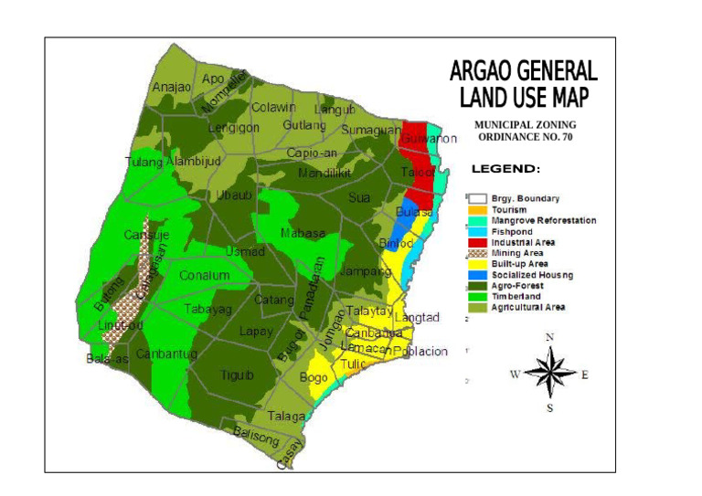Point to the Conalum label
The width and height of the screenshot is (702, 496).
205,275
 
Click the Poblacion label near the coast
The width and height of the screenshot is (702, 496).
420,351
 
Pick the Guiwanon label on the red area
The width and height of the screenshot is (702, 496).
429,139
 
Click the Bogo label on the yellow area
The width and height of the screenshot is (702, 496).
314,377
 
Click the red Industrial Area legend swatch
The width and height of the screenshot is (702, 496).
476,242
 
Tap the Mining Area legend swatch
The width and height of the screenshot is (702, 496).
476,253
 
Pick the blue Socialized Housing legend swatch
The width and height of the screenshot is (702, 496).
476,275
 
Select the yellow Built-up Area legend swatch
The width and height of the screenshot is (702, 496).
476,264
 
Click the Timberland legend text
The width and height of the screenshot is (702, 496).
516,297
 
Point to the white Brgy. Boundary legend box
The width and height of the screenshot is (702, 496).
476,198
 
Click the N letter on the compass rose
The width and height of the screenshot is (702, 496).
549,337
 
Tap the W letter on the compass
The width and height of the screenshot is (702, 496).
515,374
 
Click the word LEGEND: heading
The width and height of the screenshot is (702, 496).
505,169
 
